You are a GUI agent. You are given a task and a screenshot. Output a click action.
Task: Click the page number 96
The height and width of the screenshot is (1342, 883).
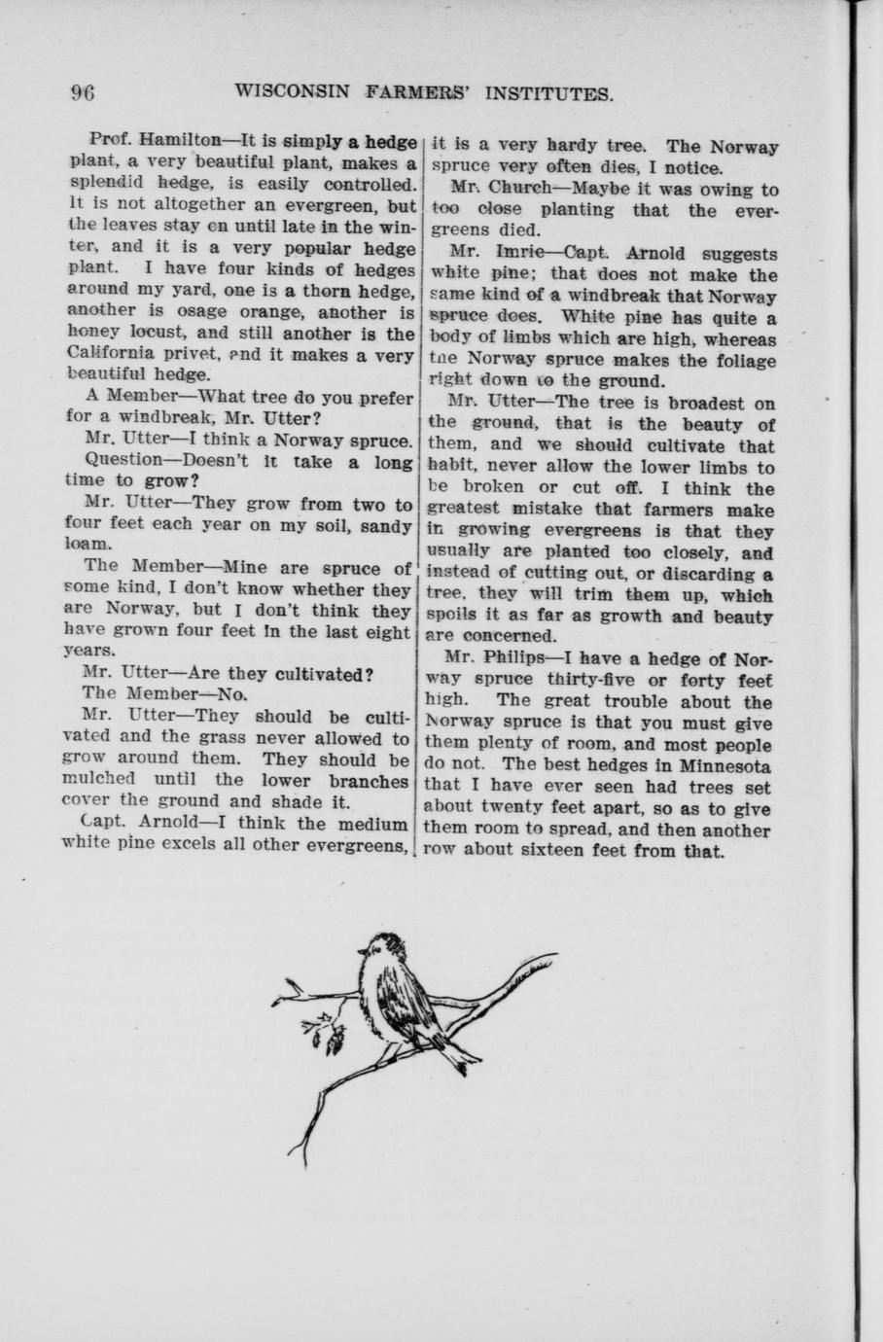pyautogui.click(x=82, y=93)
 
